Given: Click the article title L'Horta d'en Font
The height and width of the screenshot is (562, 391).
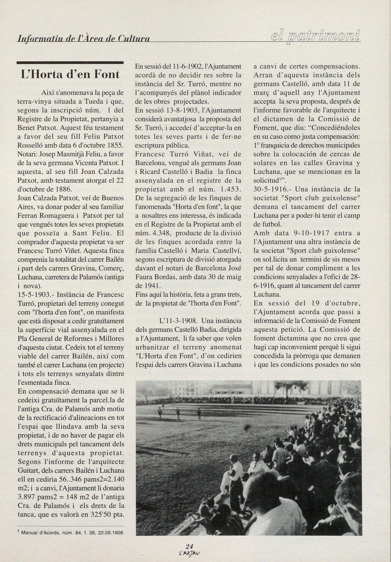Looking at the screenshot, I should point(70,75).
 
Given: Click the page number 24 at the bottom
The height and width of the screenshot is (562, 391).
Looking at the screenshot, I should point(189,546).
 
